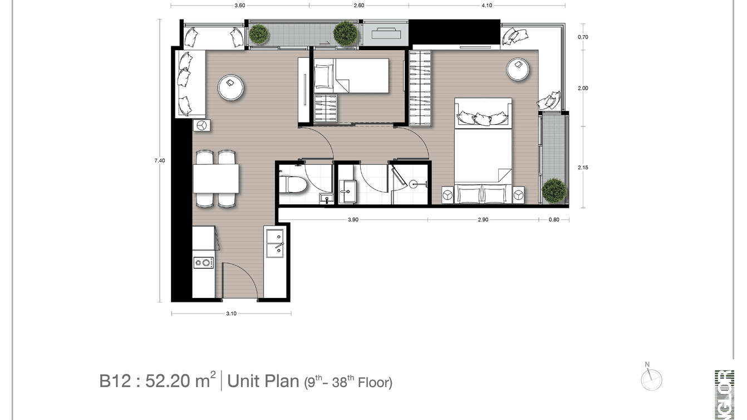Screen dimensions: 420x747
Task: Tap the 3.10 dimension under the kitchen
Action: pyautogui.click(x=232, y=314)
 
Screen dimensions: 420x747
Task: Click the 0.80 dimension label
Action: pyautogui.click(x=554, y=219)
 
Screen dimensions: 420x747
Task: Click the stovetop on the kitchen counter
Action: pyautogui.click(x=203, y=262)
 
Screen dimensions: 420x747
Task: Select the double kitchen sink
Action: pyautogui.click(x=274, y=244)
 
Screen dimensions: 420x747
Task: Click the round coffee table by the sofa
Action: pyautogui.click(x=230, y=87)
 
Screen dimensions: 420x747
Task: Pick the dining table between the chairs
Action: pyautogui.click(x=216, y=178)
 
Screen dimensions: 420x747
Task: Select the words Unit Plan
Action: pyautogui.click(x=263, y=382)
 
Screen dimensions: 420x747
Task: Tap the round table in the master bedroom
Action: pyautogui.click(x=518, y=69)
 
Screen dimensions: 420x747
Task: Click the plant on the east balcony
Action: pyautogui.click(x=554, y=191)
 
